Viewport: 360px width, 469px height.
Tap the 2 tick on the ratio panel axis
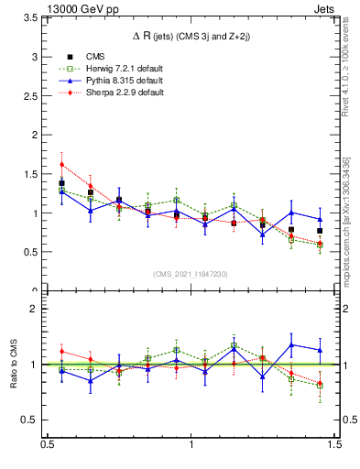coord(38,309)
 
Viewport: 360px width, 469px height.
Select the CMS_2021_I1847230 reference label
coord(191,274)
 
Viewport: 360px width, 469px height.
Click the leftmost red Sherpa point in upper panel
coord(61,165)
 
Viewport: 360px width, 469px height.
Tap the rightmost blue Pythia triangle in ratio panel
coord(320,350)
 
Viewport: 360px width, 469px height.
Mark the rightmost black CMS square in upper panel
coord(320,231)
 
